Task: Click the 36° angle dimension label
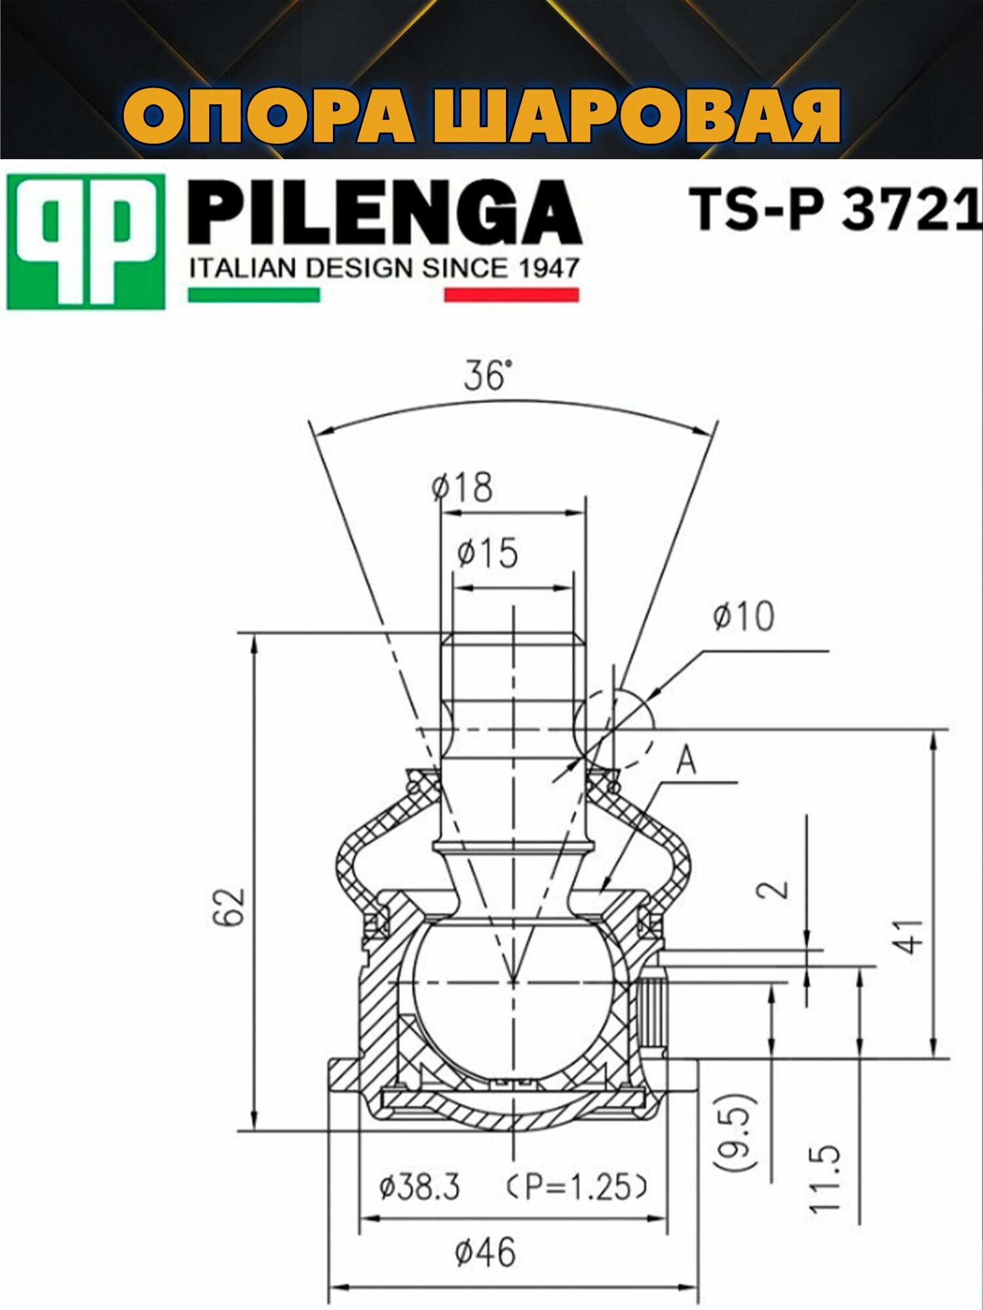[x=486, y=375]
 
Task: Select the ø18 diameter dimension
[x=463, y=487]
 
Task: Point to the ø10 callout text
[x=744, y=616]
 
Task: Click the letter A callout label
[x=686, y=762]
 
